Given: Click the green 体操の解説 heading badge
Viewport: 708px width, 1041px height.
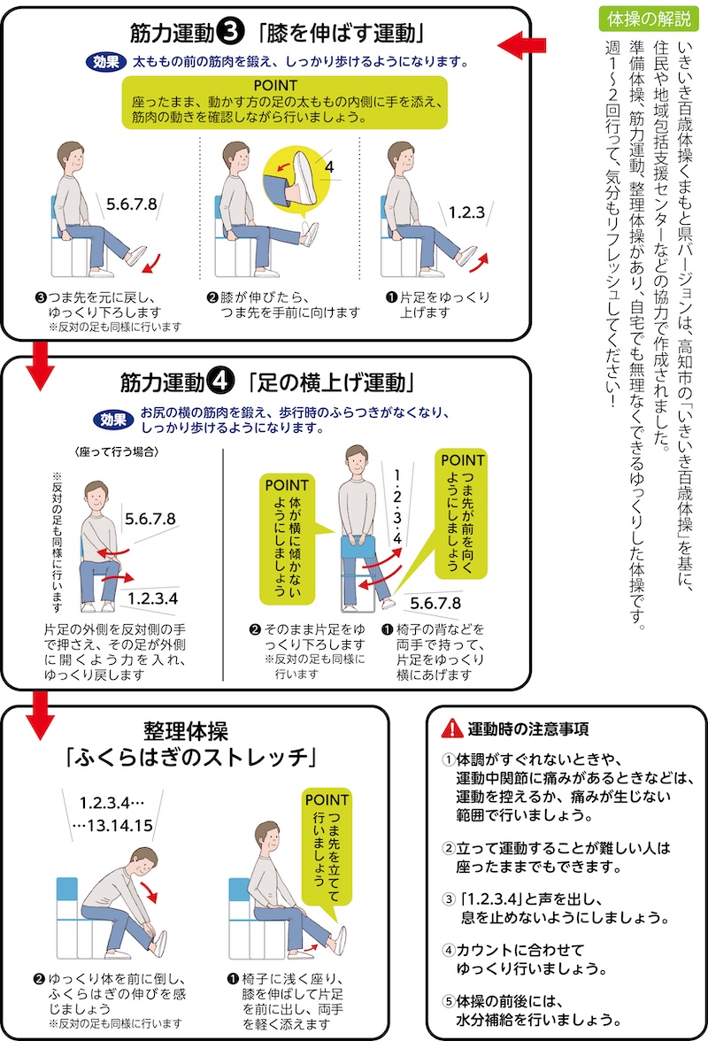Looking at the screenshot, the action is (649, 18).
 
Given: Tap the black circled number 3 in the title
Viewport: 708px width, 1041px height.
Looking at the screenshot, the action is (231, 31).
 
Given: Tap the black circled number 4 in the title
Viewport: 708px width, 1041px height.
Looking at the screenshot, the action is (221, 381).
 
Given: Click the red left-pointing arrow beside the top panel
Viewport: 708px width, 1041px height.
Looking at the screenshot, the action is (521, 45).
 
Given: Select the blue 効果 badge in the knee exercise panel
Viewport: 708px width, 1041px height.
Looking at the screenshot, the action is (106, 62).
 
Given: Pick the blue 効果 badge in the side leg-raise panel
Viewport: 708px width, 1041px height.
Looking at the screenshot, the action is (113, 420).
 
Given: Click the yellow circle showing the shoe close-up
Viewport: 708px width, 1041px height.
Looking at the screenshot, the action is (296, 178).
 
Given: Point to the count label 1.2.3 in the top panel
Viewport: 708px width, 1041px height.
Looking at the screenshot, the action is (466, 212).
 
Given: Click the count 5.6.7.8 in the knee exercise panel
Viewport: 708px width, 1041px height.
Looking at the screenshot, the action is (131, 204).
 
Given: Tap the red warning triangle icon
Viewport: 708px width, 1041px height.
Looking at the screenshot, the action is (452, 729).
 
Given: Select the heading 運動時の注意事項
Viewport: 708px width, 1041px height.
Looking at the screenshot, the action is (528, 729).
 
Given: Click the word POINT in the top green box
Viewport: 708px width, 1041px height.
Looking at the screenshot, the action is (275, 86).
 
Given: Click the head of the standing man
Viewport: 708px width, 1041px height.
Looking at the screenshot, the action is (357, 460).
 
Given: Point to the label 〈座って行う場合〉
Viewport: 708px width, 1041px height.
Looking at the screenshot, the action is (117, 452).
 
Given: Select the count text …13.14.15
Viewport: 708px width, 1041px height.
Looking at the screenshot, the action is (112, 825).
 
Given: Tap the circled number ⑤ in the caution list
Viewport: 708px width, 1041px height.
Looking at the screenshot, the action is (450, 1000).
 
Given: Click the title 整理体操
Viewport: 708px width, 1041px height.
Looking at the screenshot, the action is (186, 731).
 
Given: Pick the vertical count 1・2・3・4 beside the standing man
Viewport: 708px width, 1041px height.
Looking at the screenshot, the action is (396, 507).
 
